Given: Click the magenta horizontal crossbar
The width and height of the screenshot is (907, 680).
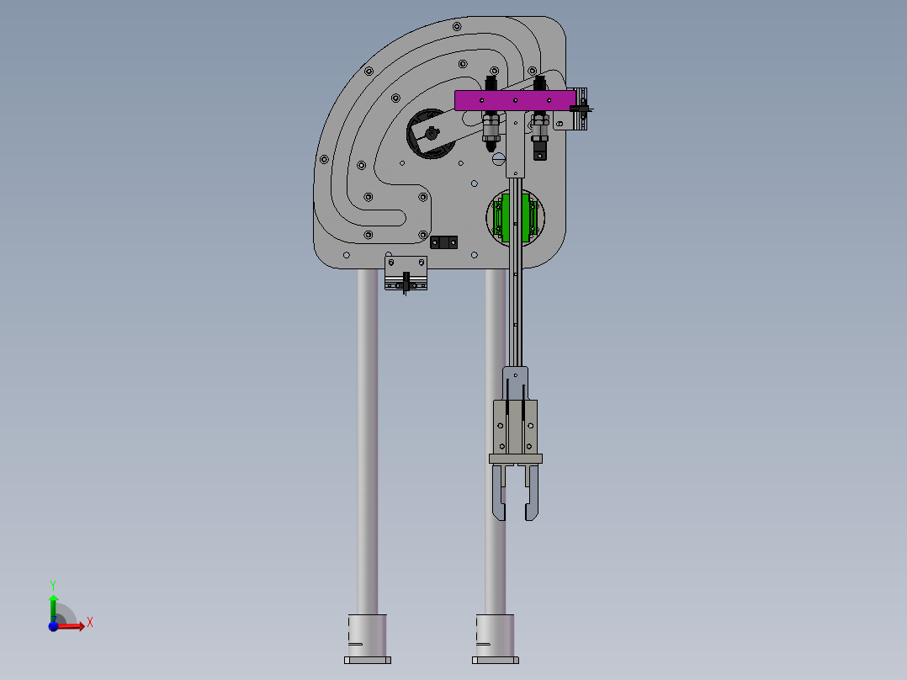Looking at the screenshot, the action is (515, 100).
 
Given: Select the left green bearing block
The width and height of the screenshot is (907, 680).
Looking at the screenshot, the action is (507, 218).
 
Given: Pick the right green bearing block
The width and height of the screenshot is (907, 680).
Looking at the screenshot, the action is (526, 218).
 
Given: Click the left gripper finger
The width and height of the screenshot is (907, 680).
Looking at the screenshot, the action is (499, 492).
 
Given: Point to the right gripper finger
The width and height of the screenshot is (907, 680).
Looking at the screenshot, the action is (532, 492).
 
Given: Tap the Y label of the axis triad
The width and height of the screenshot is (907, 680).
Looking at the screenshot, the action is (53, 585).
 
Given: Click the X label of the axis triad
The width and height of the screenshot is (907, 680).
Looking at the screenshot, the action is (90, 623).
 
